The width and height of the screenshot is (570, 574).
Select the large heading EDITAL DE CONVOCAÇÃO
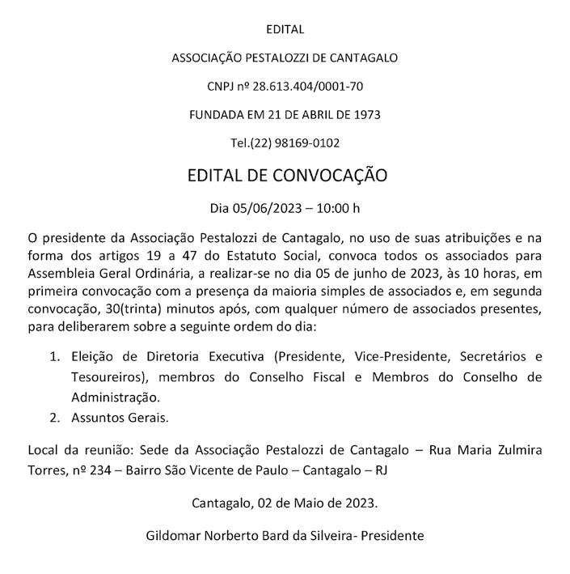287,175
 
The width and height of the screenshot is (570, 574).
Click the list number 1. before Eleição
55,356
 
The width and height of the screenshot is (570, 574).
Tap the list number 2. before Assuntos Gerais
55,419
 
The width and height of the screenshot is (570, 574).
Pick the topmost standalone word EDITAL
285,30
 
